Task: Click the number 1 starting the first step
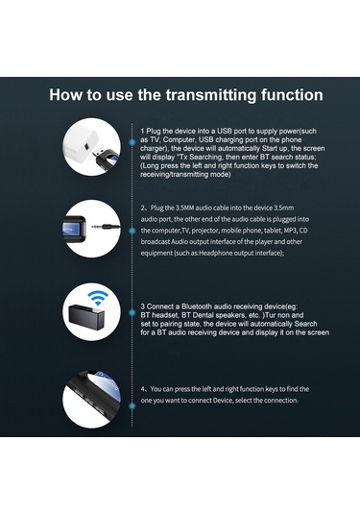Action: coord(142,129)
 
